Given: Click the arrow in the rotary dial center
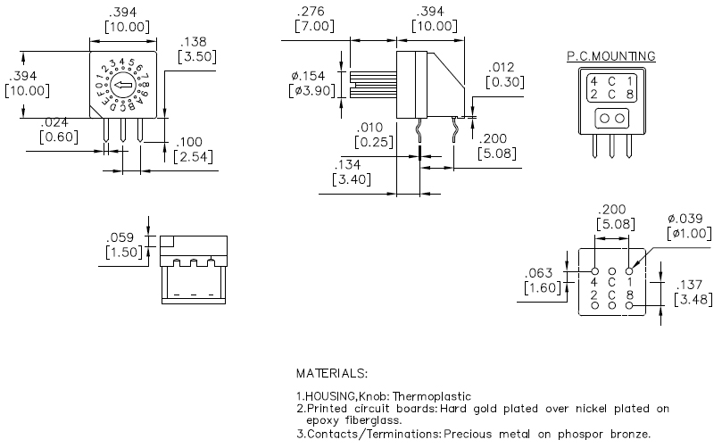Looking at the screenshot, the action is (123, 85).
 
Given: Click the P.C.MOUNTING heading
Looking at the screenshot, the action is (611, 56).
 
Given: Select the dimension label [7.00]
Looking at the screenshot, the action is (314, 26).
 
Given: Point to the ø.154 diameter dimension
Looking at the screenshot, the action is (308, 76).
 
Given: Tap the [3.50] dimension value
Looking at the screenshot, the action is (197, 56).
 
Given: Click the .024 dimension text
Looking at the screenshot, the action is (54, 122).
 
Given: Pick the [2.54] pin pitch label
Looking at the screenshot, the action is (194, 156).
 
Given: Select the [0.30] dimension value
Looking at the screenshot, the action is (505, 82).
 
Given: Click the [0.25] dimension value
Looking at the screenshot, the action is (374, 142).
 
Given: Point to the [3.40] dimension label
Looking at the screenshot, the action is (352, 179).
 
